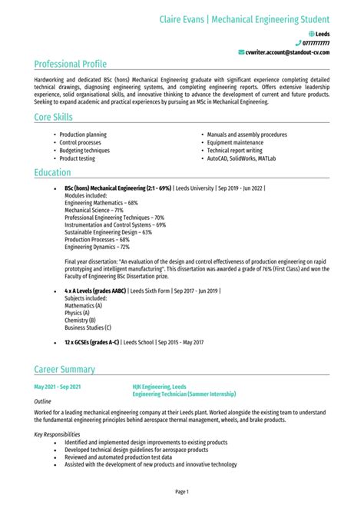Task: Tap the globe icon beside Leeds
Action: tap(311, 35)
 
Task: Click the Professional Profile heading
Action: tap(71, 64)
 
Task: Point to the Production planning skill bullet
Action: tap(83, 135)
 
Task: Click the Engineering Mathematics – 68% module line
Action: tap(101, 202)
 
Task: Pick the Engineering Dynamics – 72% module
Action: tap(97, 247)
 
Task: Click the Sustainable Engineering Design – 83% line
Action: tap(111, 232)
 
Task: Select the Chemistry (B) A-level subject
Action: tap(80, 321)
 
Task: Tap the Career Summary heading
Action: tap(65, 370)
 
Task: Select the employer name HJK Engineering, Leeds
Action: tap(159, 387)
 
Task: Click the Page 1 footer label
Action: tap(182, 491)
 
